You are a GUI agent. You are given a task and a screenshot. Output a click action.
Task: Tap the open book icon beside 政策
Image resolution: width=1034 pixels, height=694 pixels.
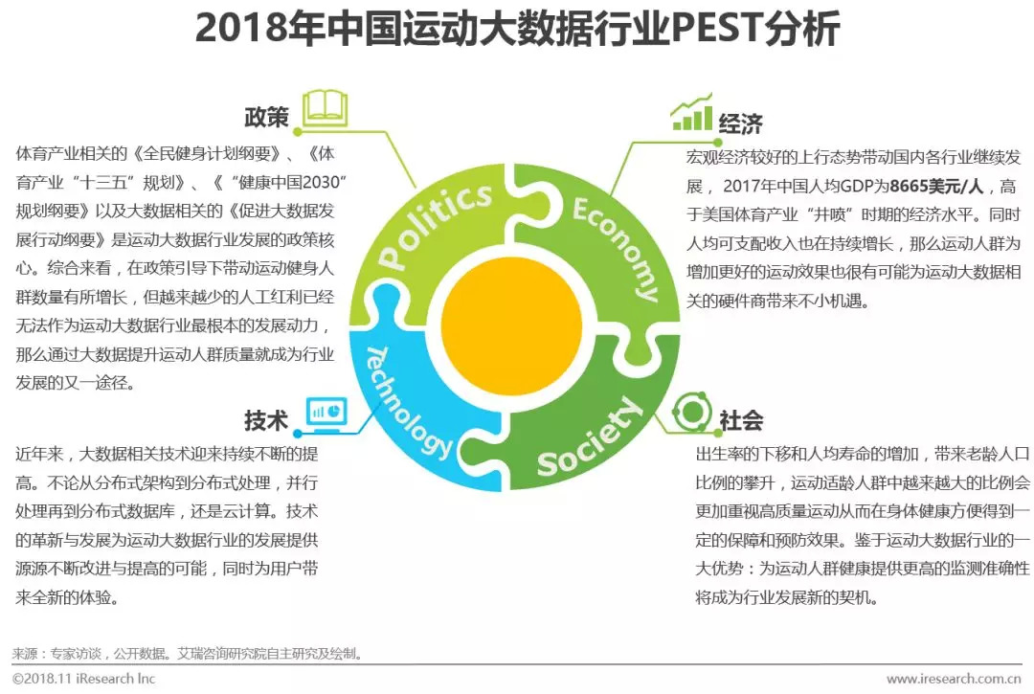pos(325,109)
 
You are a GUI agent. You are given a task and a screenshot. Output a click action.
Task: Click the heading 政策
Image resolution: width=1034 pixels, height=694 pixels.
pos(266,118)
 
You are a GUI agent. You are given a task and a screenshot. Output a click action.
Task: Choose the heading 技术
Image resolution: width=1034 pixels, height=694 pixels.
pos(266,420)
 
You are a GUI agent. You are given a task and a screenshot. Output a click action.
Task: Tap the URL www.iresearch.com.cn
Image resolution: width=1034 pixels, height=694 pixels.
pos(952,679)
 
